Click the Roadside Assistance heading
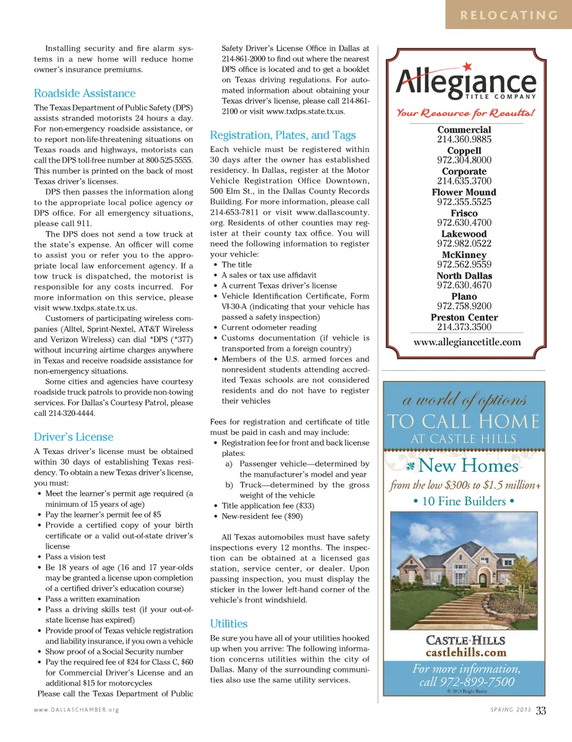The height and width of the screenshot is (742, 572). pyautogui.click(x=85, y=94)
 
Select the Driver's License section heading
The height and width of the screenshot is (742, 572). pyautogui.click(x=73, y=437)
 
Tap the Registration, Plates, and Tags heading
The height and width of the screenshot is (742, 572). pyautogui.click(x=282, y=135)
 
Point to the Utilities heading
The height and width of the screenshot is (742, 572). pyautogui.click(x=228, y=623)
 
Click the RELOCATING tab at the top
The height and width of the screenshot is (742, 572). pyautogui.click(x=508, y=15)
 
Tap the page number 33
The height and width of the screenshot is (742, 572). pyautogui.click(x=540, y=710)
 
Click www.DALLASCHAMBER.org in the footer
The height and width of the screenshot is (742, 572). pyautogui.click(x=76, y=710)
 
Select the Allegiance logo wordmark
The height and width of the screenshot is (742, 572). pyautogui.click(x=465, y=82)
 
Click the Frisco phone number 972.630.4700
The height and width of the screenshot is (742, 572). pyautogui.click(x=464, y=223)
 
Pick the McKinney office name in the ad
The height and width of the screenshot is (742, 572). pyautogui.click(x=464, y=255)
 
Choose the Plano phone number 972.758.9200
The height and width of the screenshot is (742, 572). pyautogui.click(x=464, y=306)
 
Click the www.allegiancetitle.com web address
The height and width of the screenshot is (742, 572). pyautogui.click(x=467, y=342)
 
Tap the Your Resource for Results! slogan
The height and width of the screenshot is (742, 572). pyautogui.click(x=465, y=113)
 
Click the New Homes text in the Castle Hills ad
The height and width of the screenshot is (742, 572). pyautogui.click(x=468, y=465)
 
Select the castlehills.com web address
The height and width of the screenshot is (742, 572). pyautogui.click(x=465, y=653)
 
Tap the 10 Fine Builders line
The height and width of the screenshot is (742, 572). pyautogui.click(x=464, y=501)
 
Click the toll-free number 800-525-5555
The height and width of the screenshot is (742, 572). pyautogui.click(x=169, y=160)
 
